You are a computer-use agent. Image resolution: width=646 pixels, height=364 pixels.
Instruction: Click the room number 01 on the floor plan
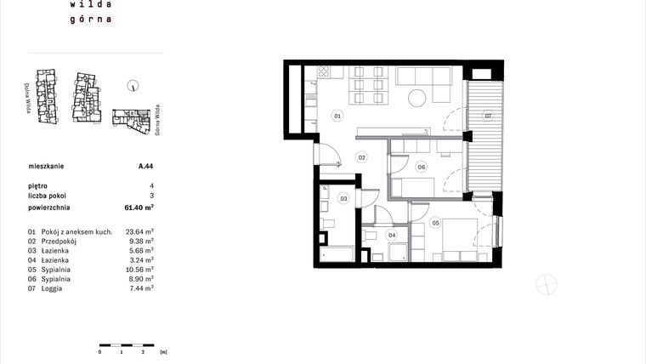(x=337, y=115)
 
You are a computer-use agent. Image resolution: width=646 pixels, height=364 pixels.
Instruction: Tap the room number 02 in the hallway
(x=361, y=157)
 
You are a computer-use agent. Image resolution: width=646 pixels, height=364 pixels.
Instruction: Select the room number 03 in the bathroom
(x=344, y=198)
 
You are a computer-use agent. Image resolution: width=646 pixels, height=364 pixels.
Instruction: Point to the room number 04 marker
(x=392, y=235)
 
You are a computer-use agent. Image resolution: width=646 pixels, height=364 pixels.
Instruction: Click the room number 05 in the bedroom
(x=435, y=224)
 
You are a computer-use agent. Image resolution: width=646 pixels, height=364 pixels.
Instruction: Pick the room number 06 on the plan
(x=421, y=167)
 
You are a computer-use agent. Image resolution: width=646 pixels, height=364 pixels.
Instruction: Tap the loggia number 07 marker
(x=488, y=115)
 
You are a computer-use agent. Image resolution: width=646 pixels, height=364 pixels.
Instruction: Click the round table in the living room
(x=417, y=98)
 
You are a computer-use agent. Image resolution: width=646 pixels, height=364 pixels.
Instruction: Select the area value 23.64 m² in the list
(x=139, y=231)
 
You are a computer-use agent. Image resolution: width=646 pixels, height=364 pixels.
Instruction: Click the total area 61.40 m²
(x=139, y=207)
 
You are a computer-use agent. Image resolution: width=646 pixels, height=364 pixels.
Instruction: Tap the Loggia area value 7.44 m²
(x=141, y=288)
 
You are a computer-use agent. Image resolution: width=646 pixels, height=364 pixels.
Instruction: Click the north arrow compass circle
(x=133, y=85)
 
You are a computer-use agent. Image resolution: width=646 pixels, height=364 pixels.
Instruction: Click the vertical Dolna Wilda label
(x=29, y=98)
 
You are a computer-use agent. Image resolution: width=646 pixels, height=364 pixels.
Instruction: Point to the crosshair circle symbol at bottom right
(x=546, y=286)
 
